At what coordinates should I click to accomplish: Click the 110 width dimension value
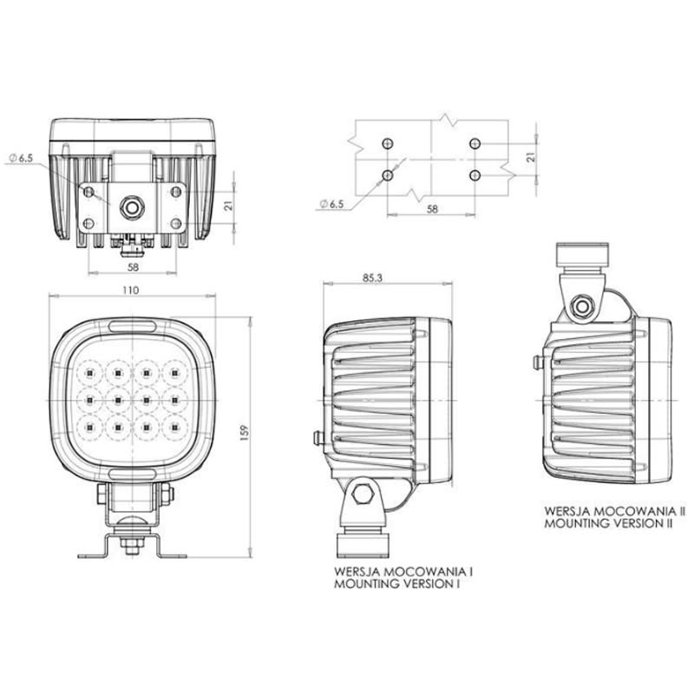[x=131, y=290]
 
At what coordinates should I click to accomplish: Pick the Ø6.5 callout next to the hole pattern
[x=331, y=204]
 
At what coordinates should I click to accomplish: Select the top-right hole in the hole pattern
[x=474, y=142]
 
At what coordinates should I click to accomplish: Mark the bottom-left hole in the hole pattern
[x=388, y=175]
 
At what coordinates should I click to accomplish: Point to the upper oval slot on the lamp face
[x=132, y=326]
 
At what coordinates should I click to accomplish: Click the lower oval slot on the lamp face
[x=132, y=473]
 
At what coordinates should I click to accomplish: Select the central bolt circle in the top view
[x=133, y=206]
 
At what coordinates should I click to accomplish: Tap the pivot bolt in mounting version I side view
[x=363, y=497]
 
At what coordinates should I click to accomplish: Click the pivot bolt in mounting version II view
[x=583, y=305]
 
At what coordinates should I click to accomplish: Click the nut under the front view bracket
[x=132, y=545]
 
